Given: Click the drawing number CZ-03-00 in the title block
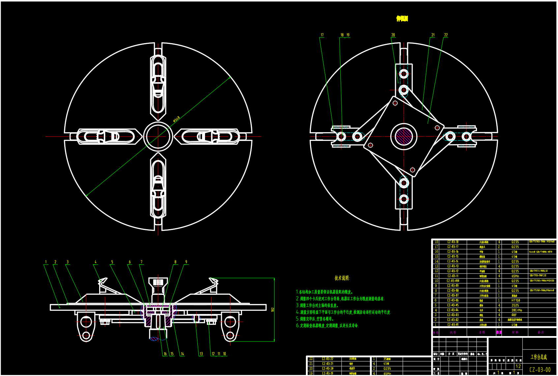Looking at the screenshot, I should click(x=540, y=370).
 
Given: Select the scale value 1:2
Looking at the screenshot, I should click(x=518, y=366).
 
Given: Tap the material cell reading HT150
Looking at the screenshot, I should click(x=515, y=300).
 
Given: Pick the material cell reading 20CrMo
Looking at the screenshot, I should click(x=516, y=310).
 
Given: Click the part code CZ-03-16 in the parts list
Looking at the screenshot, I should click(x=453, y=252).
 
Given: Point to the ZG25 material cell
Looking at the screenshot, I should click(x=515, y=305).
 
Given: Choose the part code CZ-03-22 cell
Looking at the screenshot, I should click(x=328, y=359).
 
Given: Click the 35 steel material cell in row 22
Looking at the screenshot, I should click(x=387, y=359).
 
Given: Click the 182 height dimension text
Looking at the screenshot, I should click(x=273, y=310).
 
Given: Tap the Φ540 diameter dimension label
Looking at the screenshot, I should click(x=176, y=119).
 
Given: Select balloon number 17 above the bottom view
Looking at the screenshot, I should click(x=322, y=35).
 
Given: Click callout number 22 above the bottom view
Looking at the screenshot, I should click(x=446, y=35).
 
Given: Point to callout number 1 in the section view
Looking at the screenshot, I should click(x=46, y=262).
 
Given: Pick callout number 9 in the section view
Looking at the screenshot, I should click(x=186, y=262).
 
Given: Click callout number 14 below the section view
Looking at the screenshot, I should click(x=182, y=354).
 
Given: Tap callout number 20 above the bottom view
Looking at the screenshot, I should click(x=393, y=35).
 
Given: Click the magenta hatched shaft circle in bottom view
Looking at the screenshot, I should click(x=404, y=136).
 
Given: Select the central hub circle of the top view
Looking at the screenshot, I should click(x=158, y=136).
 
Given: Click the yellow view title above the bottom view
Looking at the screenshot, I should click(x=402, y=19).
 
